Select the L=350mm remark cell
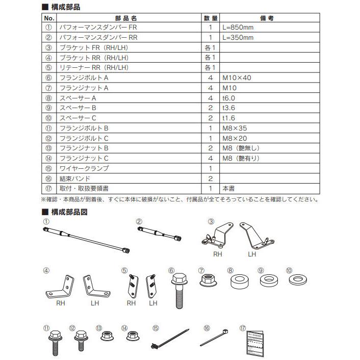click(237, 38)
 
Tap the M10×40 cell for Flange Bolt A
click(237, 78)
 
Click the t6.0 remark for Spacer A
click(230, 98)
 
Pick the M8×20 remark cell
click(235, 138)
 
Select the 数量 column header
click(210, 18)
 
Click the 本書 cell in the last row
click(228, 188)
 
